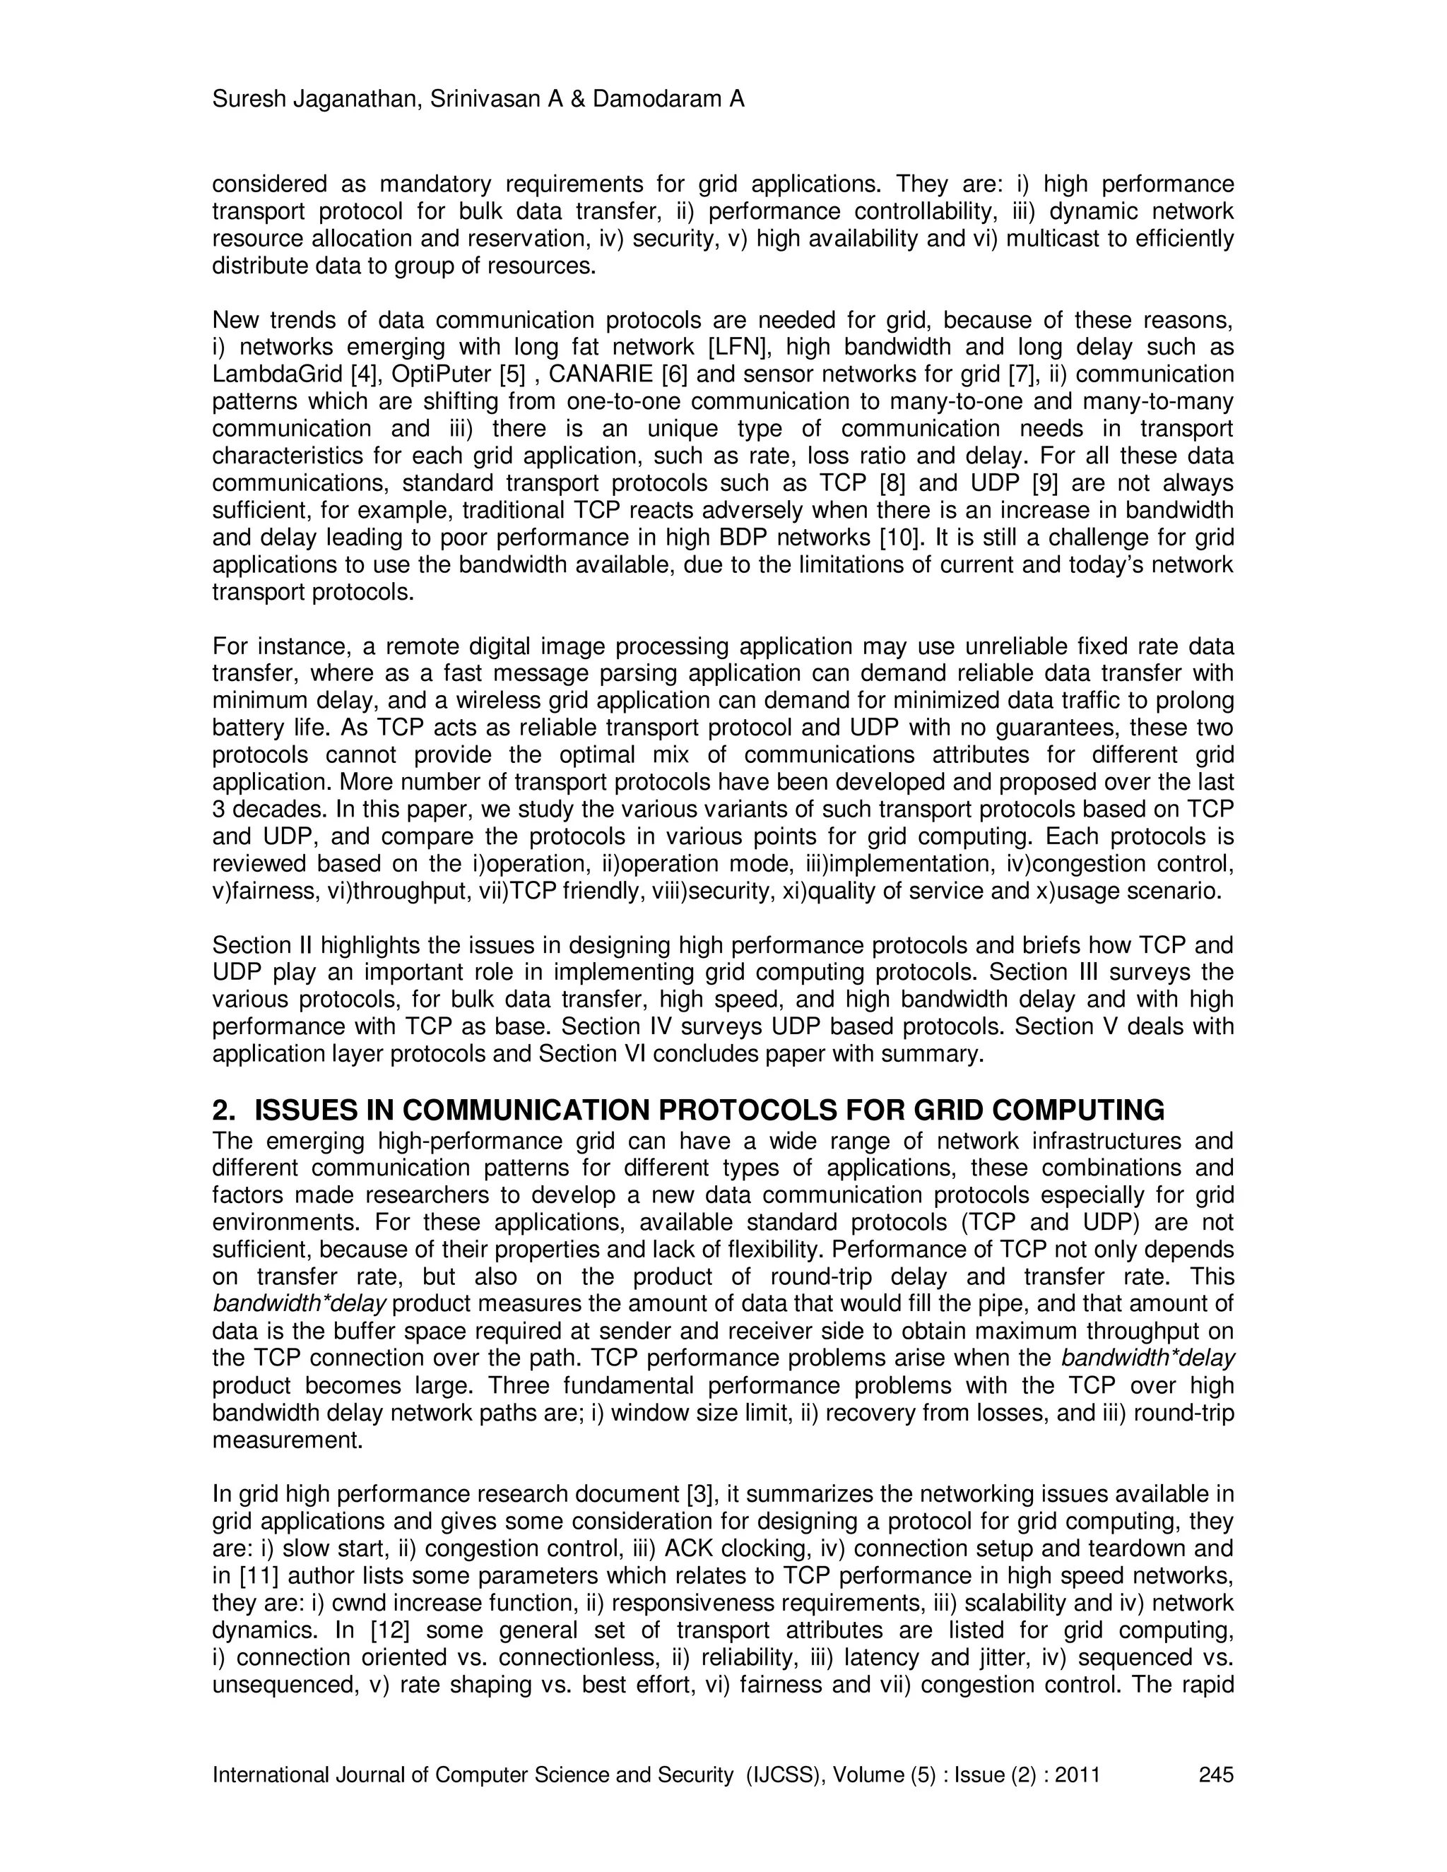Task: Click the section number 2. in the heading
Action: click(224, 1111)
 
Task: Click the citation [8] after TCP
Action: click(892, 483)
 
